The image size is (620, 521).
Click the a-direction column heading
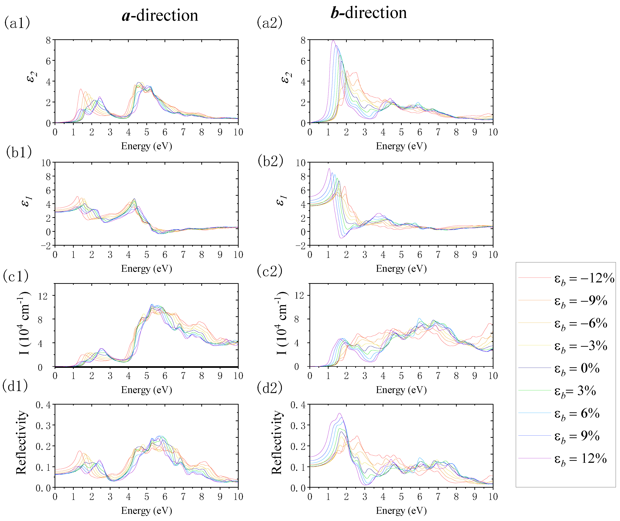point(160,15)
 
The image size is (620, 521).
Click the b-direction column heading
point(368,13)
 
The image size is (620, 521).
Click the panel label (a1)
point(17,23)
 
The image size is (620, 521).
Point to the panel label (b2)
point(270,161)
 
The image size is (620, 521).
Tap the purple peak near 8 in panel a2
point(333,41)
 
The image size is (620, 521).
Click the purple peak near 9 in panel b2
point(329,169)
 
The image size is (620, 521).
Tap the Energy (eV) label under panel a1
point(147,146)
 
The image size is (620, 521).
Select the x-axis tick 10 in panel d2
point(493,497)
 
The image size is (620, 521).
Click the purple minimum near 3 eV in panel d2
point(365,485)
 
